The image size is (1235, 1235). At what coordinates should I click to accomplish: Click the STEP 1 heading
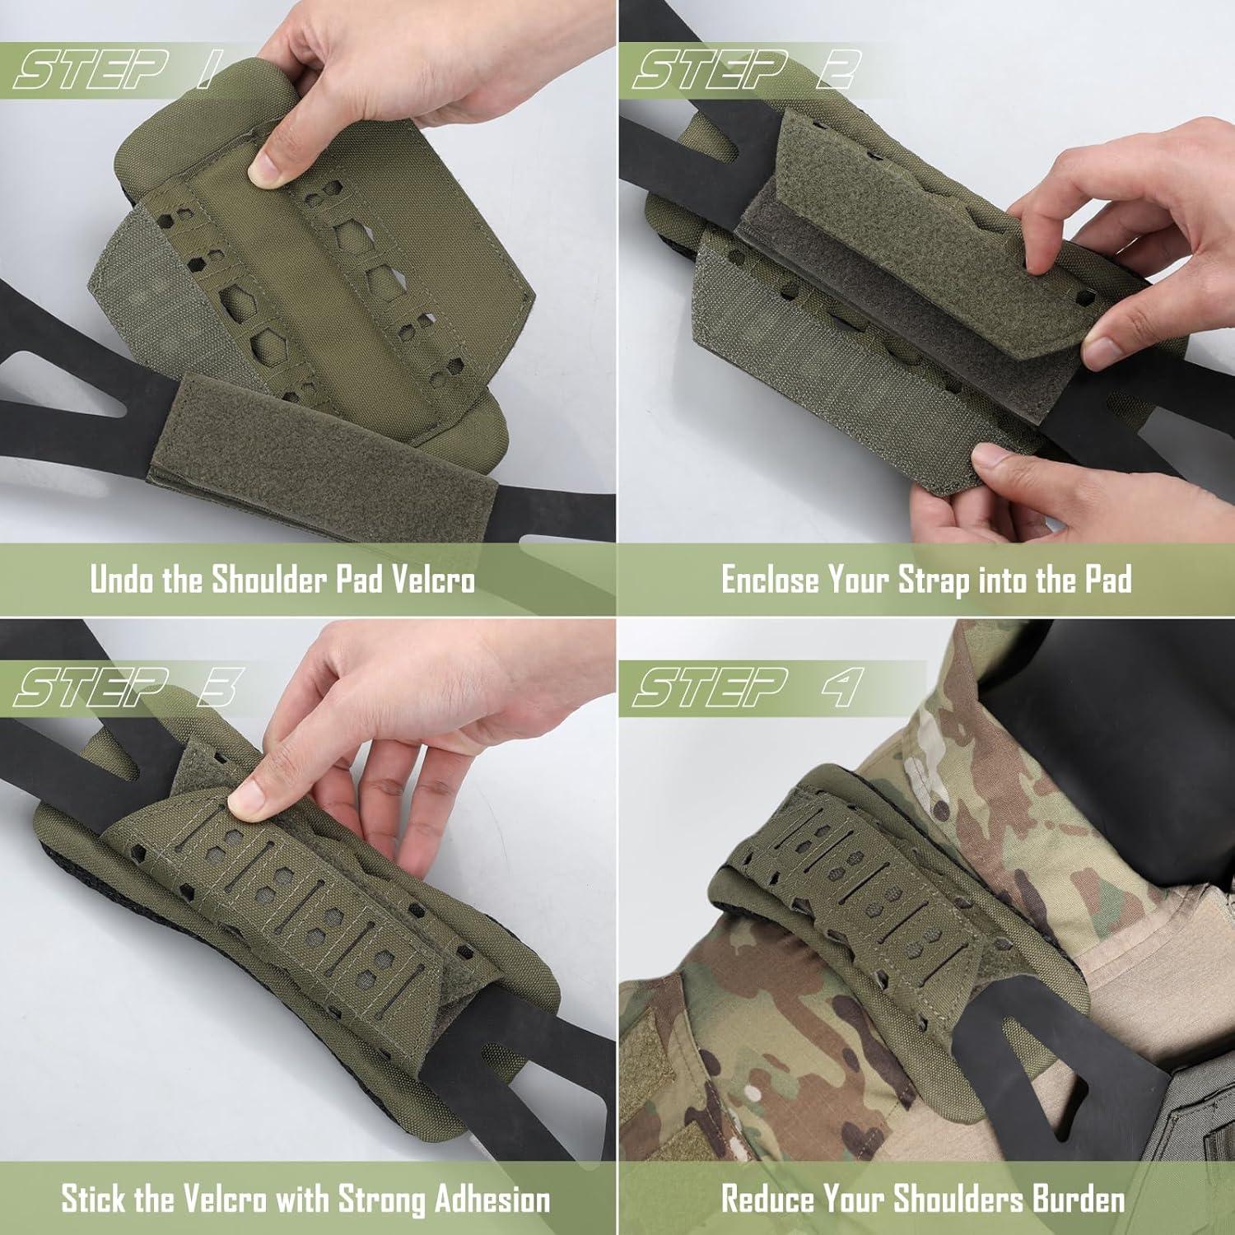pyautogui.click(x=113, y=70)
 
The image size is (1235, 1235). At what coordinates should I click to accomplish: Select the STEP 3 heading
pyautogui.click(x=128, y=687)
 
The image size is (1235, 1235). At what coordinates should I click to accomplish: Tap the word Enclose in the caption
pyautogui.click(x=770, y=580)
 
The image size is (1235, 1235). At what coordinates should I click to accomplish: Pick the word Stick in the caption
pyautogui.click(x=92, y=1199)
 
